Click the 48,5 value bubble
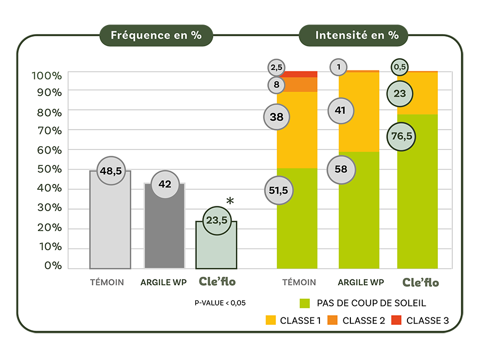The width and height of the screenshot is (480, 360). click(110, 171)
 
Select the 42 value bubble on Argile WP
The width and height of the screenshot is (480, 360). click(165, 184)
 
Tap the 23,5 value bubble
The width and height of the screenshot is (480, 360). click(217, 220)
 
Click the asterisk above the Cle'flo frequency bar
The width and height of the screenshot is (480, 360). click(230, 202)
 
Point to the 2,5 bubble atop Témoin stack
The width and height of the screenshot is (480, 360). click(276, 67)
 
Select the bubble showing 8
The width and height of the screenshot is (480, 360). click(276, 84)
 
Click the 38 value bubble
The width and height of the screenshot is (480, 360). click(276, 117)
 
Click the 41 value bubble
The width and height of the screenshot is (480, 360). click(341, 110)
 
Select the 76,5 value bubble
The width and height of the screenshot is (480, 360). click(401, 136)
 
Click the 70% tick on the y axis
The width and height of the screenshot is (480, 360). click(48, 130)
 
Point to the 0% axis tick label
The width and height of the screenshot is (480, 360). click(53, 266)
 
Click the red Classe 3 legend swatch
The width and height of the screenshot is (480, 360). click(396, 321)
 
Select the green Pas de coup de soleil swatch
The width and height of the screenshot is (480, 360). click(305, 303)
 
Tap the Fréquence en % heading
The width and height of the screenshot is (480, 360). click(156, 36)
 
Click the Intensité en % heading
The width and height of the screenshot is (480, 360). click(357, 36)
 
